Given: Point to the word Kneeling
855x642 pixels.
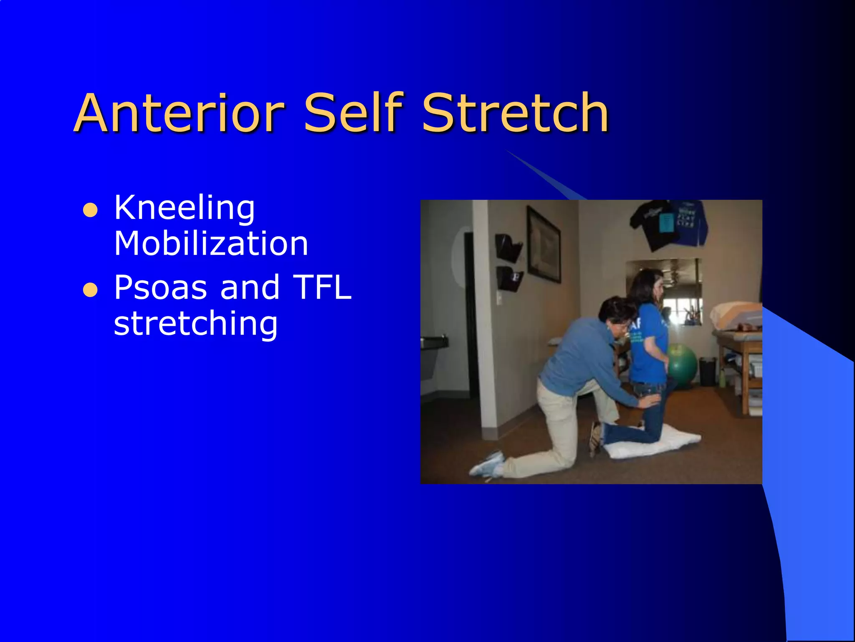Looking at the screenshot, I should click(184, 208).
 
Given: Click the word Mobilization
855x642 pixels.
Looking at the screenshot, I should click(211, 243).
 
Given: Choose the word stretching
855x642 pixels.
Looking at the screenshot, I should click(195, 324).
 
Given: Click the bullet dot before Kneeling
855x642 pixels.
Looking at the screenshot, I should click(90, 210).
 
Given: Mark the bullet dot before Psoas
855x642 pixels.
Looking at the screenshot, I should click(90, 290).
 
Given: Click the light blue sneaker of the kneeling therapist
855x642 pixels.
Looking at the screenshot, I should click(488, 464).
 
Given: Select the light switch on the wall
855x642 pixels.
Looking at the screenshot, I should click(499, 298).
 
